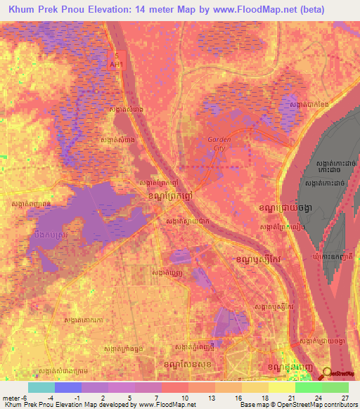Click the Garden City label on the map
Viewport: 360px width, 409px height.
(x=219, y=143)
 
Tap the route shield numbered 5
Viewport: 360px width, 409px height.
(x=117, y=55)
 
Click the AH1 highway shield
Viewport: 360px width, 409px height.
(x=117, y=64)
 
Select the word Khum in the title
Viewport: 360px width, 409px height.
(x=20, y=9)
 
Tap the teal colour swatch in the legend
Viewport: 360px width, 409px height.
(x=41, y=387)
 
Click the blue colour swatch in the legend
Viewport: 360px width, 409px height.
(x=68, y=387)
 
